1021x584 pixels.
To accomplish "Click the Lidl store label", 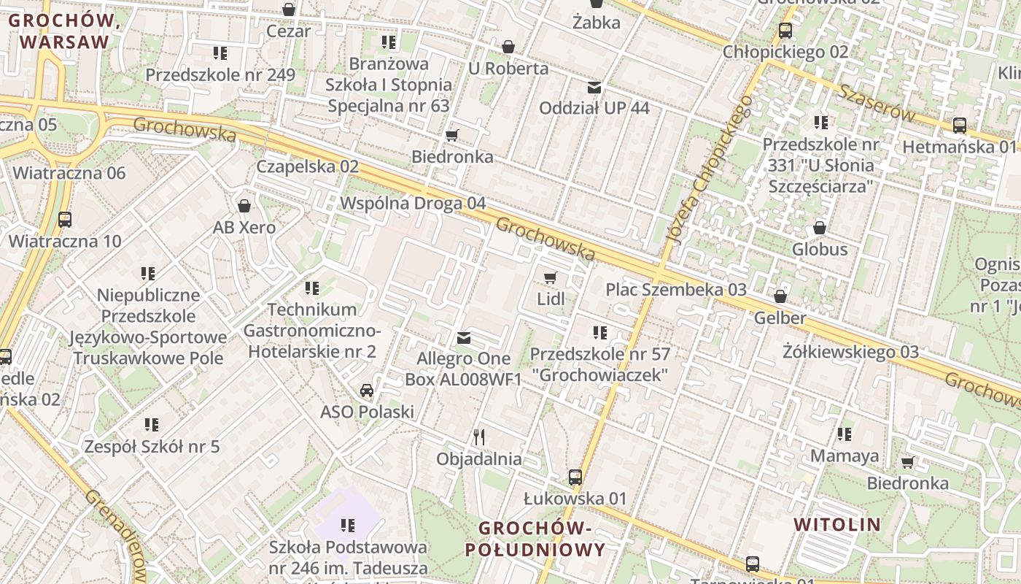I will pos(551,299).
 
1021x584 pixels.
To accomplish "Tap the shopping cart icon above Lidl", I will pos(551,277).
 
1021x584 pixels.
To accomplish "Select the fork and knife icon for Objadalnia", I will pos(479,437).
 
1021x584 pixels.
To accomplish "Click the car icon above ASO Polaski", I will pos(367,390).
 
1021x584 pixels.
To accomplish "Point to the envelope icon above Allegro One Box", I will pos(463,338).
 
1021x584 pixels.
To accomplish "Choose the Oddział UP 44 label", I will pos(594,108).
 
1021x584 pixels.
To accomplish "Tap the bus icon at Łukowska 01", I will pos(575,477).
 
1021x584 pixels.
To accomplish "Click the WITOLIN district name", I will pos(837,524).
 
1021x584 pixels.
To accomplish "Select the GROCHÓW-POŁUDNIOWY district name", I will pos(541,539).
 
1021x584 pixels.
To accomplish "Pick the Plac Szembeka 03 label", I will pos(676,290).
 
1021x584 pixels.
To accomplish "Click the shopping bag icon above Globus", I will pos(820,228).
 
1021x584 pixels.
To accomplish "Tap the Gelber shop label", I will pos(780,318).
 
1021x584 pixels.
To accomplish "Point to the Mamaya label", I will pos(845,456).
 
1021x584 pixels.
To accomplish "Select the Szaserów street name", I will pos(876,103).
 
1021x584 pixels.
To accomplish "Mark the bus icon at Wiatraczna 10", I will pos(65,220).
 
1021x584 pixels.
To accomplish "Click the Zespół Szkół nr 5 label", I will pos(152,446).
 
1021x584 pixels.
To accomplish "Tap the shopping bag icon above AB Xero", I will pos(244,206).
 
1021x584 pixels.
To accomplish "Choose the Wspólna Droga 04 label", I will pos(413,203).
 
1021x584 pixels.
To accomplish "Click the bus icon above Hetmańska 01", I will pos(959,126).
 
